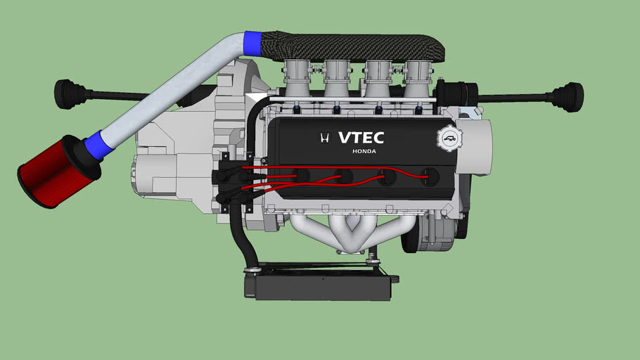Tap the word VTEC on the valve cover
(x=361, y=138)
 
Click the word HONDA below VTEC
(x=364, y=151)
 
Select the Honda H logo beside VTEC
(x=325, y=138)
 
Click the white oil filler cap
(x=449, y=139)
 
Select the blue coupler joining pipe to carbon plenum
(x=252, y=44)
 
